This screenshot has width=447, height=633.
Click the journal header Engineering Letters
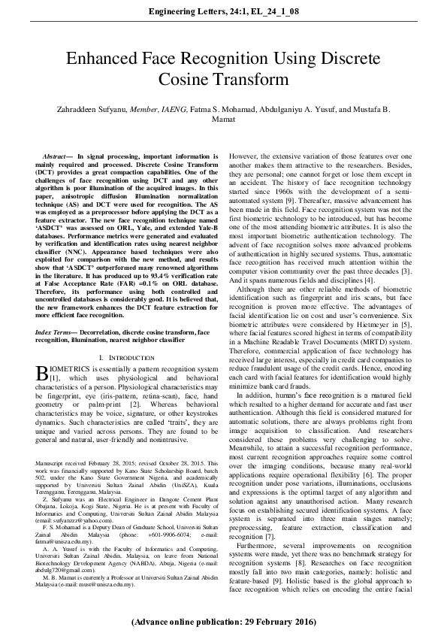(189, 11)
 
